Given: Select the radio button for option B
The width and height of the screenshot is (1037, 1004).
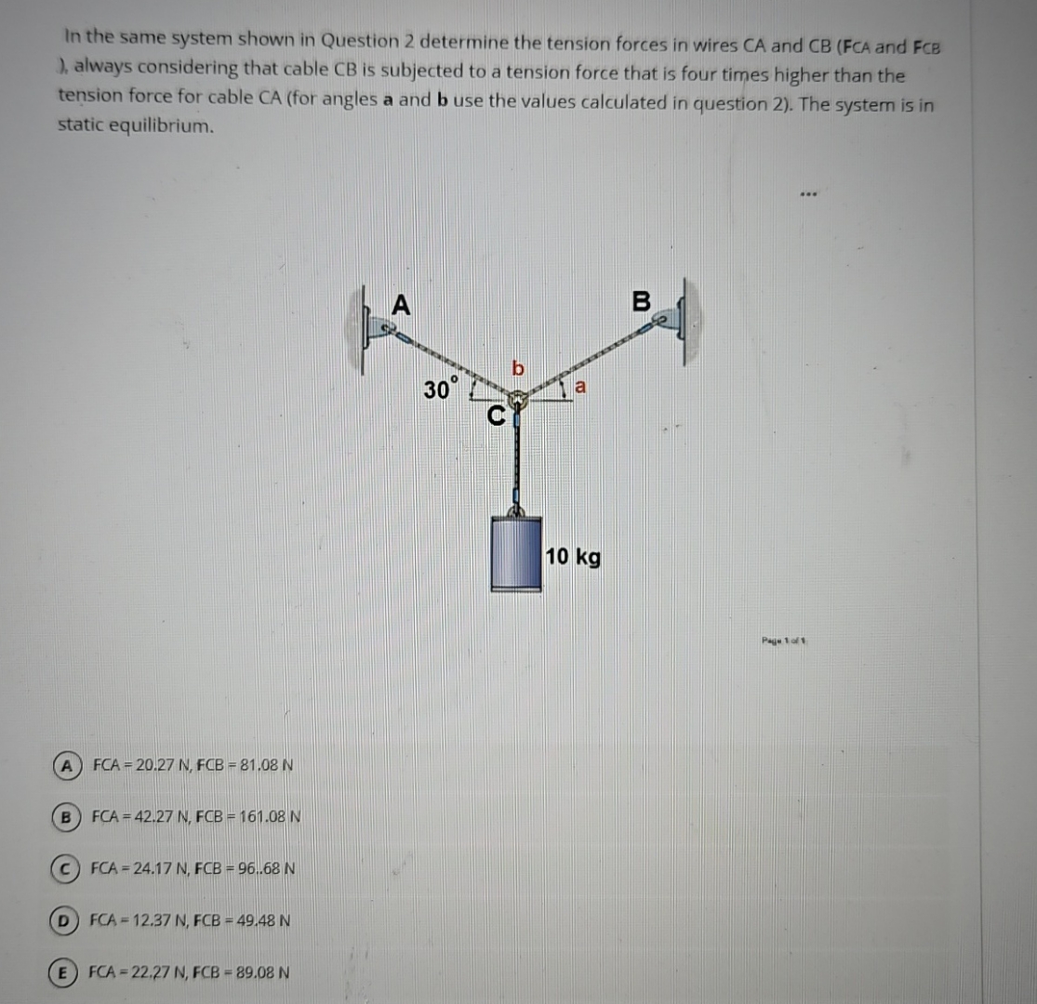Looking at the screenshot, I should click(x=66, y=817).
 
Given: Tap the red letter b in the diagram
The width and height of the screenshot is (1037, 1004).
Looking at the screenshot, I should click(x=518, y=370).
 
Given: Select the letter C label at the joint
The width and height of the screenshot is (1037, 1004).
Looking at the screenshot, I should click(x=497, y=417).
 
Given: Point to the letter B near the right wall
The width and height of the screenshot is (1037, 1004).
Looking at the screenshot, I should click(x=641, y=301).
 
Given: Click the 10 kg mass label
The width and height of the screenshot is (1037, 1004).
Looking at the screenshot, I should click(x=573, y=557).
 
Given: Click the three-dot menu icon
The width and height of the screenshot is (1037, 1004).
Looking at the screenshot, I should click(x=808, y=195).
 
